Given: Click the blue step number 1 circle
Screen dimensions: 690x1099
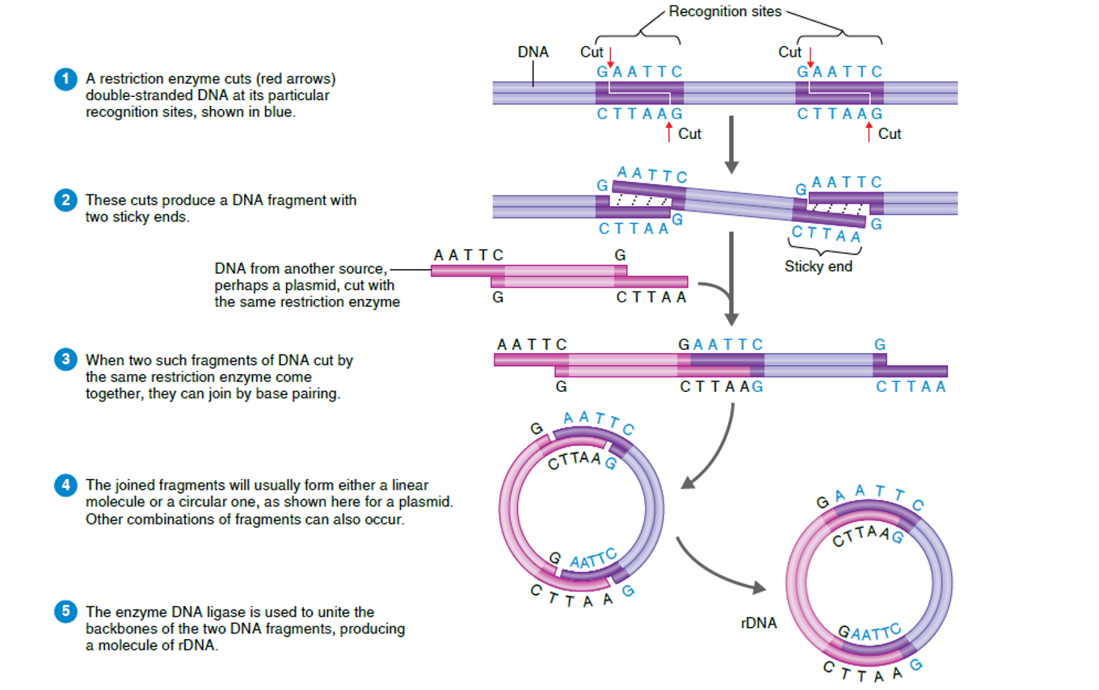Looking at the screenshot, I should [x=64, y=80].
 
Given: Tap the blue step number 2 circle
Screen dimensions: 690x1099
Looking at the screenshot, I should [x=64, y=200].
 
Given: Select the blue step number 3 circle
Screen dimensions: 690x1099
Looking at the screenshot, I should [x=64, y=360].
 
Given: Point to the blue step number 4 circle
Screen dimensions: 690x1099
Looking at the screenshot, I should [x=64, y=486].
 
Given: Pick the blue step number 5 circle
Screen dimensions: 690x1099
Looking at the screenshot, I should [x=64, y=612].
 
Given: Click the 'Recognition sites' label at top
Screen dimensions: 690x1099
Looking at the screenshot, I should [x=725, y=11].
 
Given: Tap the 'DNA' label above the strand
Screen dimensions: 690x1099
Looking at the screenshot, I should [x=533, y=53].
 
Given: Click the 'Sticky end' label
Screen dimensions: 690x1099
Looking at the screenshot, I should [x=818, y=266].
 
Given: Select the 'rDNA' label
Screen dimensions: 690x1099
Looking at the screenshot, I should [x=758, y=623].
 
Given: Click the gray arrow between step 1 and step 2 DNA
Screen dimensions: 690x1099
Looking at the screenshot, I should [x=731, y=145].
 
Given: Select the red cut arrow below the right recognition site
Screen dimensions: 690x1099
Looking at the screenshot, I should [x=869, y=132].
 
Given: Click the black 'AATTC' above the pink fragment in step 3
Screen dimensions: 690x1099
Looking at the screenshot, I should [x=531, y=345].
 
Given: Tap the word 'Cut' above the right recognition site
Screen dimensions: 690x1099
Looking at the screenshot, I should [x=790, y=53].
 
